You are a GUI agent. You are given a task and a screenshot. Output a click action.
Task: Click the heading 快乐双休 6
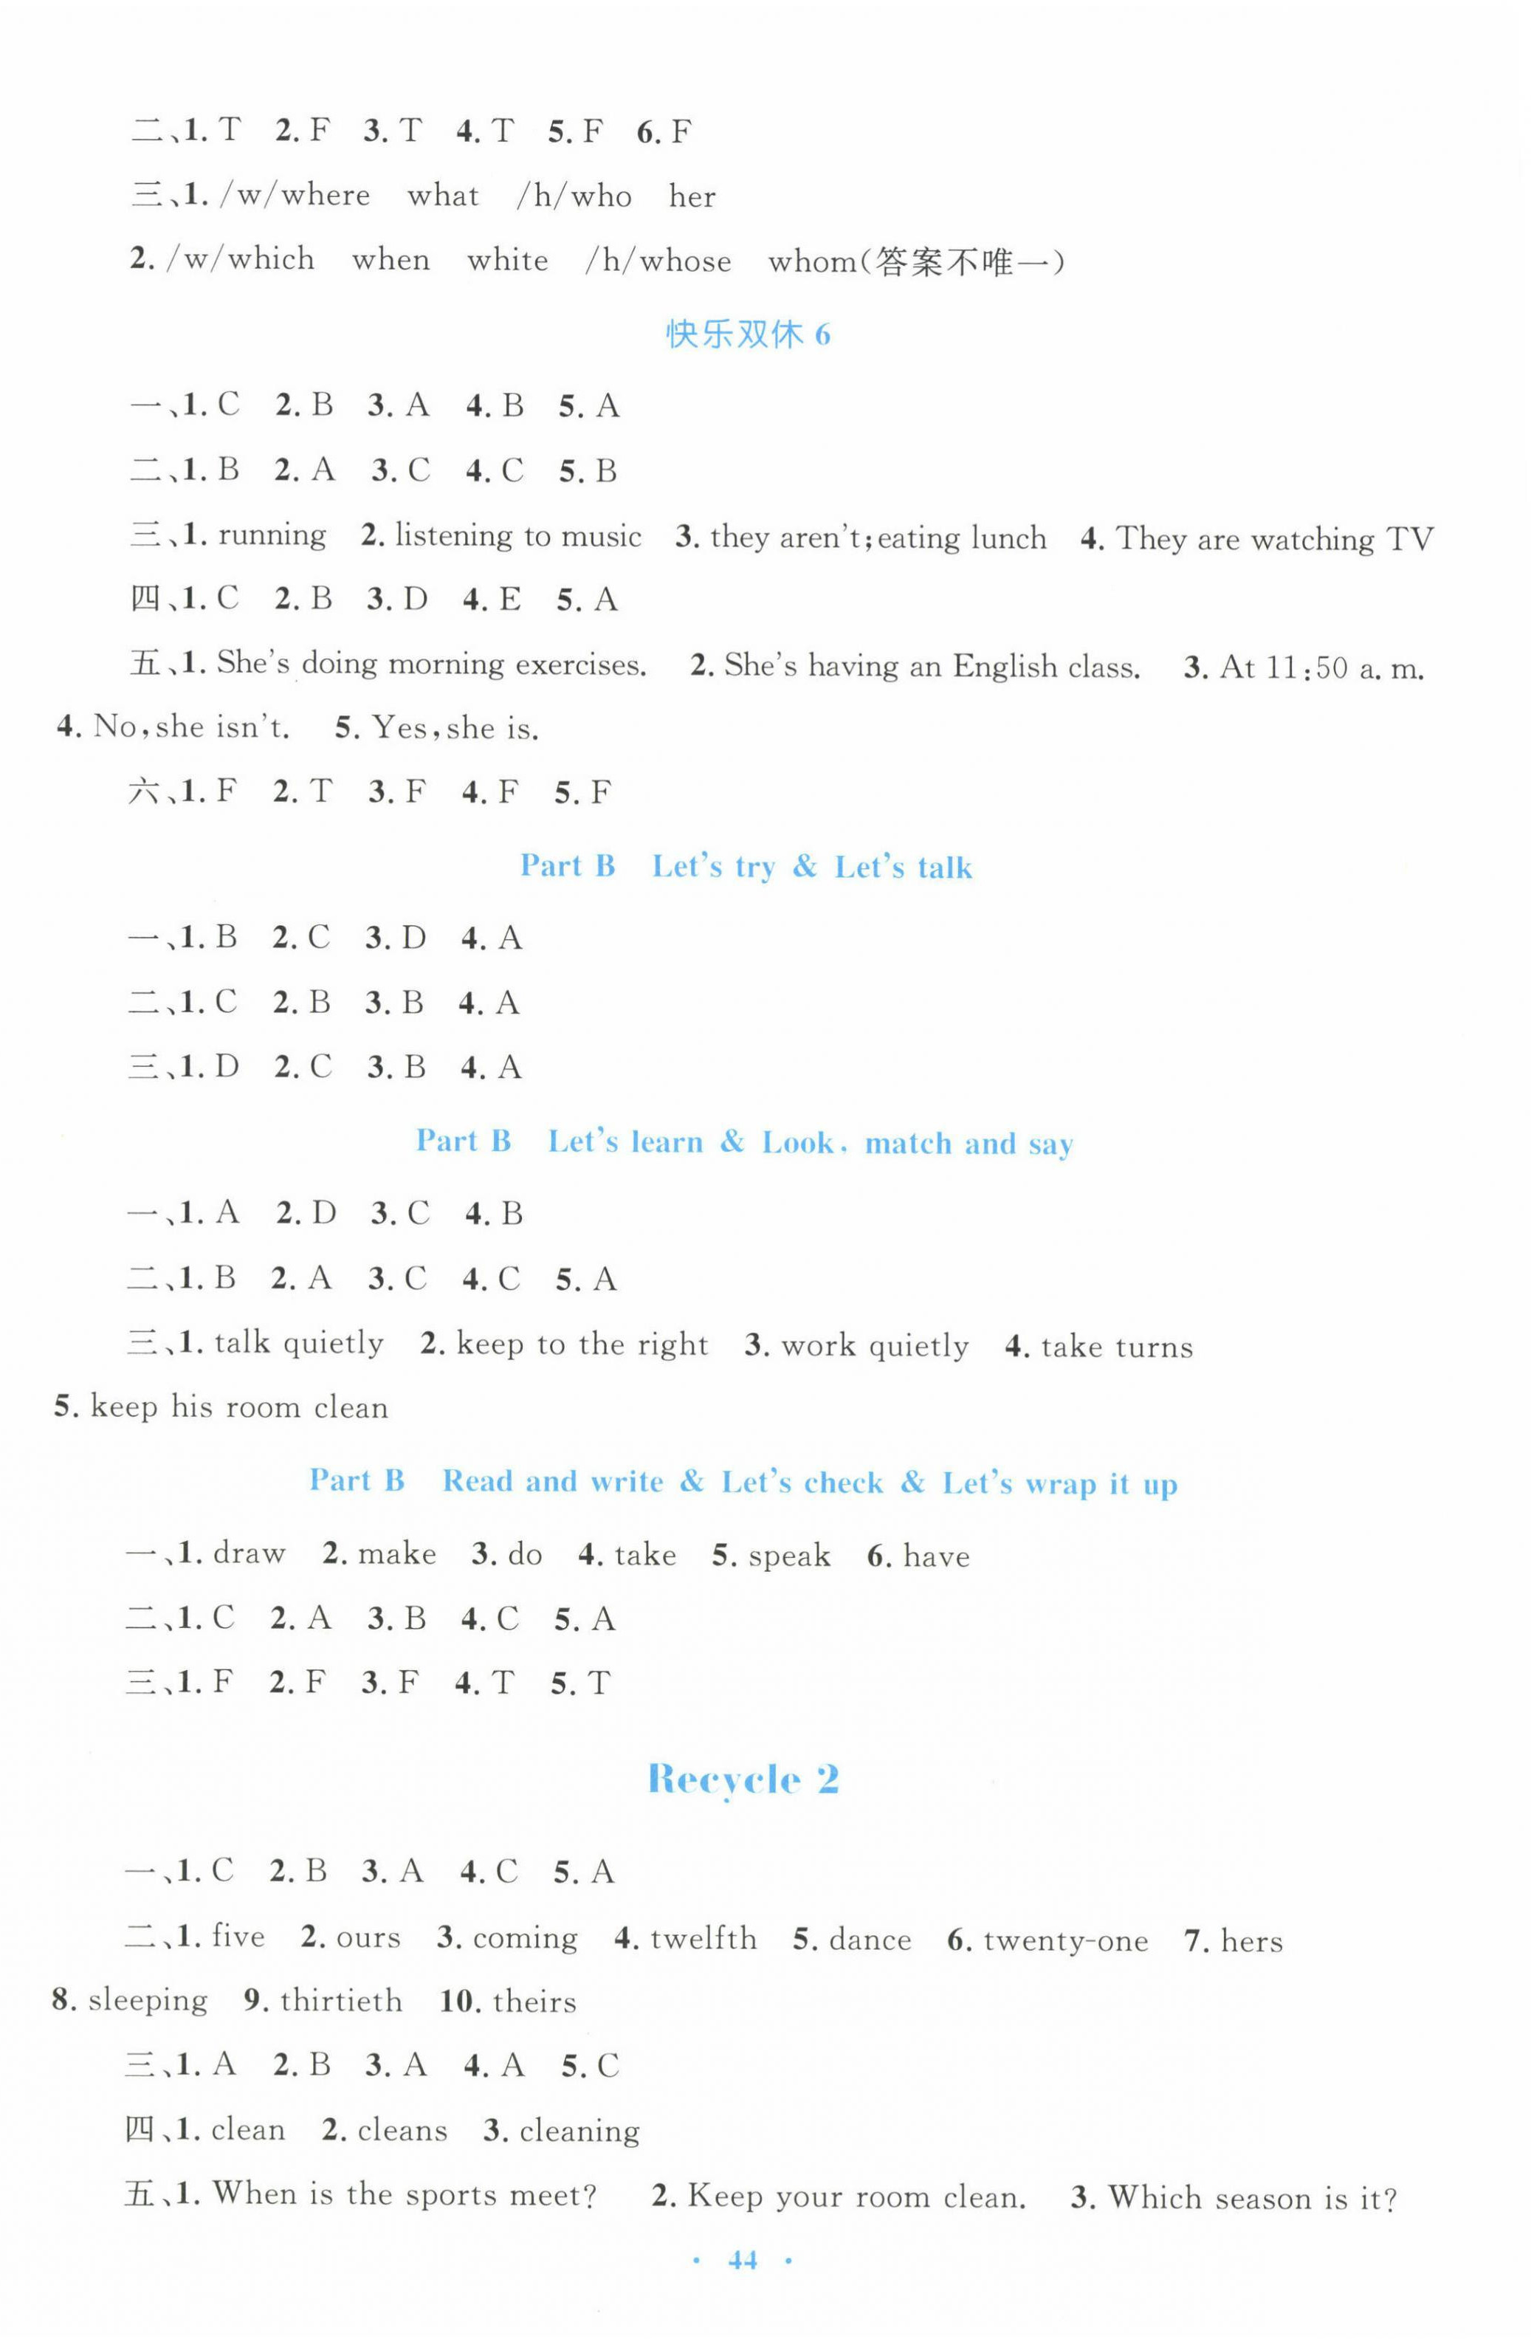748,334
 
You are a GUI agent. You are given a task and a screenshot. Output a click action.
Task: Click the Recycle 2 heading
743,1780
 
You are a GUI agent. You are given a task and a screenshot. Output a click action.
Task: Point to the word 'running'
272,536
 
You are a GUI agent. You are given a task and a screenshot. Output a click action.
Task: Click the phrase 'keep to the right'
582,1345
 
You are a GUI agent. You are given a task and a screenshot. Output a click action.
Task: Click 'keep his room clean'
239,1408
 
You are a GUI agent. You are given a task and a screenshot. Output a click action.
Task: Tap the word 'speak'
789,1556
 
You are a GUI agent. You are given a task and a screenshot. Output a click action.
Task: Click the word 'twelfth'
703,1940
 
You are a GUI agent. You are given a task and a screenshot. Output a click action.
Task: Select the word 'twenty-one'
1066,1942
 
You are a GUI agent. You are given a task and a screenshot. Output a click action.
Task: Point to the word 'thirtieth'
340,2002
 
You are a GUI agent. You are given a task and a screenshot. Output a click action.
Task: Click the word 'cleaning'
579,2132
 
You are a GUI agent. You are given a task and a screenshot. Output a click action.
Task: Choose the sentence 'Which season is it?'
1253,2198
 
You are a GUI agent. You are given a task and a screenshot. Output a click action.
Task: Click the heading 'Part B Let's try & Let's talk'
746,867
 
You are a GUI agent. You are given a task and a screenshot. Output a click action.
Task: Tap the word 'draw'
249,1553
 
